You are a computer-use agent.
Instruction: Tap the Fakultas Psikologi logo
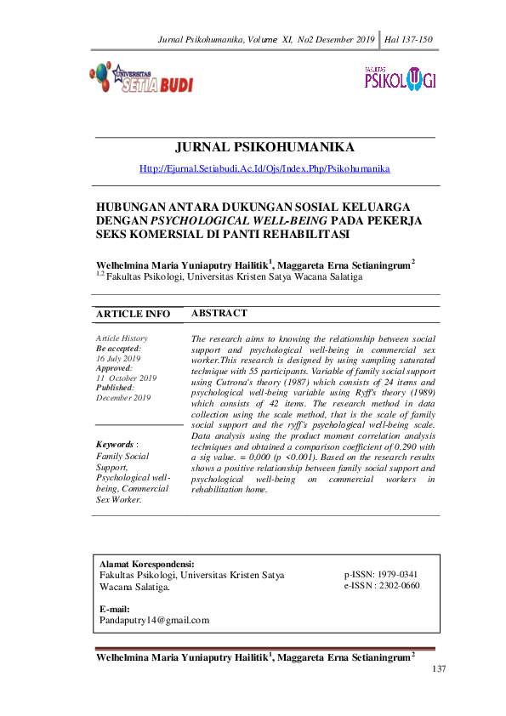(400, 79)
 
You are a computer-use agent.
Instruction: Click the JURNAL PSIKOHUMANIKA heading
(264, 147)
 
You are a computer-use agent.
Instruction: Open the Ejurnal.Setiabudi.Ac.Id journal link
(264, 168)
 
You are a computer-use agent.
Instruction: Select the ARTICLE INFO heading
(133, 315)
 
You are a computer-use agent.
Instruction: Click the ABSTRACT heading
(219, 313)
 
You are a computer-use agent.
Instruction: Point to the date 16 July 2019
(118, 358)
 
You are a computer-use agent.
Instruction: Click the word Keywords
(115, 444)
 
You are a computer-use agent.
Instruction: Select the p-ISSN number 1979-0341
(398, 574)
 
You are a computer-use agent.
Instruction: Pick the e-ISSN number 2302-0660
(398, 585)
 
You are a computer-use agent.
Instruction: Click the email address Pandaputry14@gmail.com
(154, 620)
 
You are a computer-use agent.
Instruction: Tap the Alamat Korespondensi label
(146, 564)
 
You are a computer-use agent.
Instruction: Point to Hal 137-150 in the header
(409, 39)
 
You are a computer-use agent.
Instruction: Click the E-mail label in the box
(114, 609)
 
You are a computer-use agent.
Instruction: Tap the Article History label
(122, 338)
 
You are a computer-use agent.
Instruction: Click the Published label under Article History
(118, 387)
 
